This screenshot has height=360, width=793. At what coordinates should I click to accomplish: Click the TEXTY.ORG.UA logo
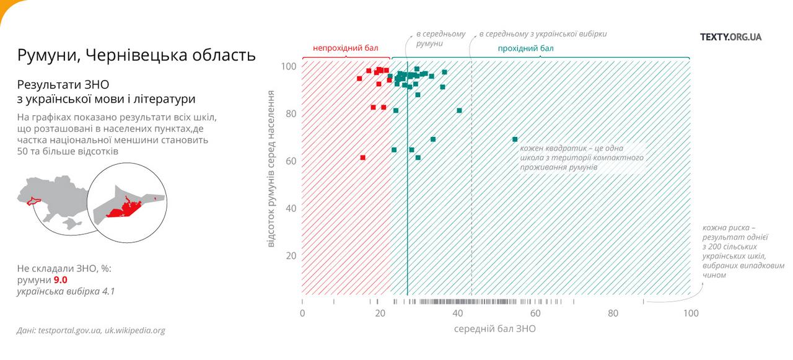coord(730,37)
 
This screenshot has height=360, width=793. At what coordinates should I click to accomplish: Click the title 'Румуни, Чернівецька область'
coord(136,55)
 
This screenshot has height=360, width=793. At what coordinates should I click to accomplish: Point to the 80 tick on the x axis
coord(613,314)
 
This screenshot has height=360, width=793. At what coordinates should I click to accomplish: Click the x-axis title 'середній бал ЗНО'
coord(495,329)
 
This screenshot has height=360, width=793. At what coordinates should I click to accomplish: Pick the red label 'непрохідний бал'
coord(345,48)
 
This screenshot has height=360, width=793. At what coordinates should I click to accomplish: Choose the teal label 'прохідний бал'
coord(526,48)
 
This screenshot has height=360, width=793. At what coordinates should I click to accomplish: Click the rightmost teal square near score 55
coord(515,139)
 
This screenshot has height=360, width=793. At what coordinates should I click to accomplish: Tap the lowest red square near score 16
coord(363,158)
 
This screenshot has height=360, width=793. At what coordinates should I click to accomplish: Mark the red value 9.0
coord(60,280)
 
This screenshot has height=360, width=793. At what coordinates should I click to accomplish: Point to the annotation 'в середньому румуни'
coord(440,38)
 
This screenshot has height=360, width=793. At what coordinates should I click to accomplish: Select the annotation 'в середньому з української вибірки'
coord(543,33)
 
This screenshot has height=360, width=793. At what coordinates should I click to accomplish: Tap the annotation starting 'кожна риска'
coord(742,251)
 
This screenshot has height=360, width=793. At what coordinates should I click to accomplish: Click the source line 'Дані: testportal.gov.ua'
coord(91,330)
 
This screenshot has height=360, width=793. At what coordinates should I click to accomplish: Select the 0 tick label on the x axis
coord(302,314)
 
